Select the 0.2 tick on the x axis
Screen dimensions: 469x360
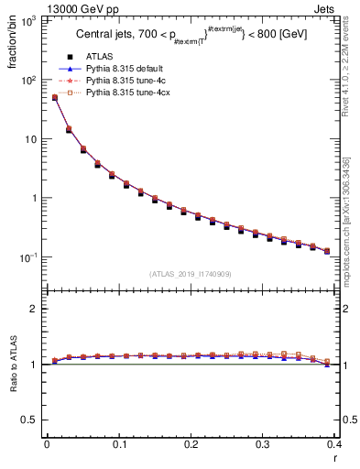pyautogui.click(x=191, y=444)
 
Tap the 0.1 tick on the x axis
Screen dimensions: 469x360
pyautogui.click(x=118, y=444)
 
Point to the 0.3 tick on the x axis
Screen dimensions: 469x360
pyautogui.click(x=263, y=444)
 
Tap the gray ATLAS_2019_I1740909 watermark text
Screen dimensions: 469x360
pyautogui.click(x=191, y=273)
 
